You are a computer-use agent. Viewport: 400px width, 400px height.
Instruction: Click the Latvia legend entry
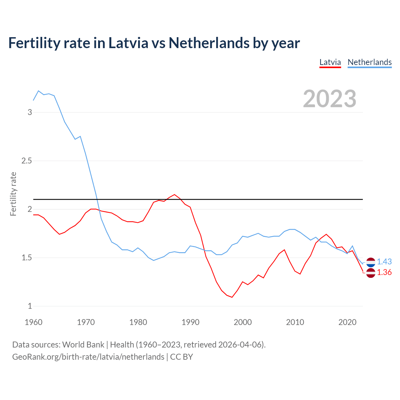[330, 62]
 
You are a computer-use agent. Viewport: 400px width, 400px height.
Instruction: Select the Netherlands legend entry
[369, 62]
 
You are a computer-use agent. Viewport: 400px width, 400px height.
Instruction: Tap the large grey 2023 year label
[330, 99]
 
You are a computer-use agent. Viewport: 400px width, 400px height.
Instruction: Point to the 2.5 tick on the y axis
[27, 161]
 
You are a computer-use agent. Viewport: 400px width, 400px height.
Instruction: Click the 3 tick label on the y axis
[30, 112]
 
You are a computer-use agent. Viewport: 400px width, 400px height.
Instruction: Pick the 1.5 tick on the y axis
[27, 258]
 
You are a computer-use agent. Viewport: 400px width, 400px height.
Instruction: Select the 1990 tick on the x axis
[190, 322]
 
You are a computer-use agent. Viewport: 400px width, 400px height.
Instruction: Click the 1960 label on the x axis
[33, 322]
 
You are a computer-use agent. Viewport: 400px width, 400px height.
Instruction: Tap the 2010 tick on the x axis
[295, 322]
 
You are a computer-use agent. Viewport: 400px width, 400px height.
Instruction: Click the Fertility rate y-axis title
[13, 194]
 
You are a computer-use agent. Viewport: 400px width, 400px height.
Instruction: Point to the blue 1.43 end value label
[384, 262]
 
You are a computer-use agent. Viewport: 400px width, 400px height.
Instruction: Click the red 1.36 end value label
[384, 272]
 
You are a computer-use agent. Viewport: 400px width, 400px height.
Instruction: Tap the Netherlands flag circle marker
[371, 262]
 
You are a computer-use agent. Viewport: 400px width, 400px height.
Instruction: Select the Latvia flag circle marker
[371, 273]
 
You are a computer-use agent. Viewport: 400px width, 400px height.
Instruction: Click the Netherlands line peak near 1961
[38, 91]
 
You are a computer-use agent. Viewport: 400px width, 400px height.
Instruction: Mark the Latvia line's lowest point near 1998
[232, 297]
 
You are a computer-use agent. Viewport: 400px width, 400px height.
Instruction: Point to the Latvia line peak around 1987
[174, 194]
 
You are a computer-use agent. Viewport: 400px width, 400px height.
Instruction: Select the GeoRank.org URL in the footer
[88, 357]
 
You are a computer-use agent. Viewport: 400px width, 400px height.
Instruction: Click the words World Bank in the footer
[83, 345]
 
